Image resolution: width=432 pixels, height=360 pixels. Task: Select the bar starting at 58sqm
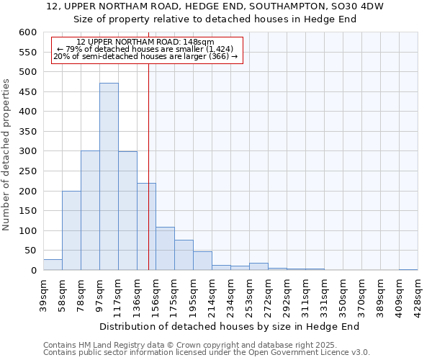click(x=71, y=230)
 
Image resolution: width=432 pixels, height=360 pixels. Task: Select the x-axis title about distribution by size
click(x=229, y=326)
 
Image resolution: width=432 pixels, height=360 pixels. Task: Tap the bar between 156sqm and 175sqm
click(x=165, y=248)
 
